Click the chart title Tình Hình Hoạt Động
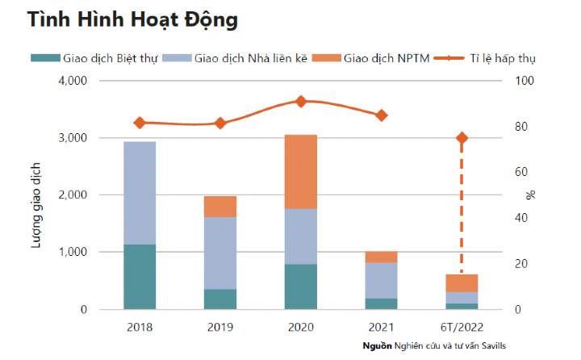133,20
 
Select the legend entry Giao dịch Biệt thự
92,59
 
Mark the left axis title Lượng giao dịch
37,195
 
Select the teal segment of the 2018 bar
140,276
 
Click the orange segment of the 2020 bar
300,172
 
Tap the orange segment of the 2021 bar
381,257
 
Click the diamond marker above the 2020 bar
300,102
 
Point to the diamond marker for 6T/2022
462,138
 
